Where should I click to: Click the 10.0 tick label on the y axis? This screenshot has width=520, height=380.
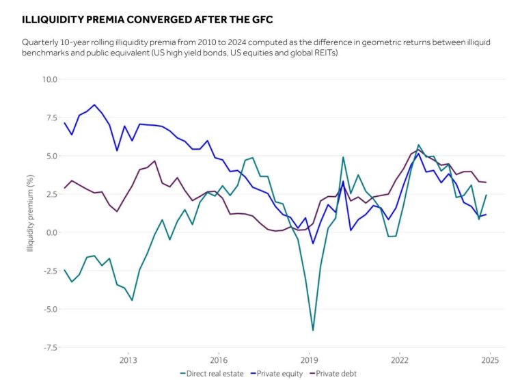click(x=51, y=79)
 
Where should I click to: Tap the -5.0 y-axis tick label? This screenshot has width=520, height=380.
click(x=51, y=309)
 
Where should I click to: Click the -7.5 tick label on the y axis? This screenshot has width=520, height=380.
click(x=51, y=347)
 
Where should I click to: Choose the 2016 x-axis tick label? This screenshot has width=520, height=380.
click(x=219, y=359)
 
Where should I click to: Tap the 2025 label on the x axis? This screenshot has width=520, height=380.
click(x=490, y=359)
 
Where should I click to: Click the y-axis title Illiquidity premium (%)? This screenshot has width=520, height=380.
click(x=31, y=213)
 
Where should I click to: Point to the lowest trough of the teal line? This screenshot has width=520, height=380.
click(x=313, y=330)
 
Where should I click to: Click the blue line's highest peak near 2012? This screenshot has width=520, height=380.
click(x=94, y=105)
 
